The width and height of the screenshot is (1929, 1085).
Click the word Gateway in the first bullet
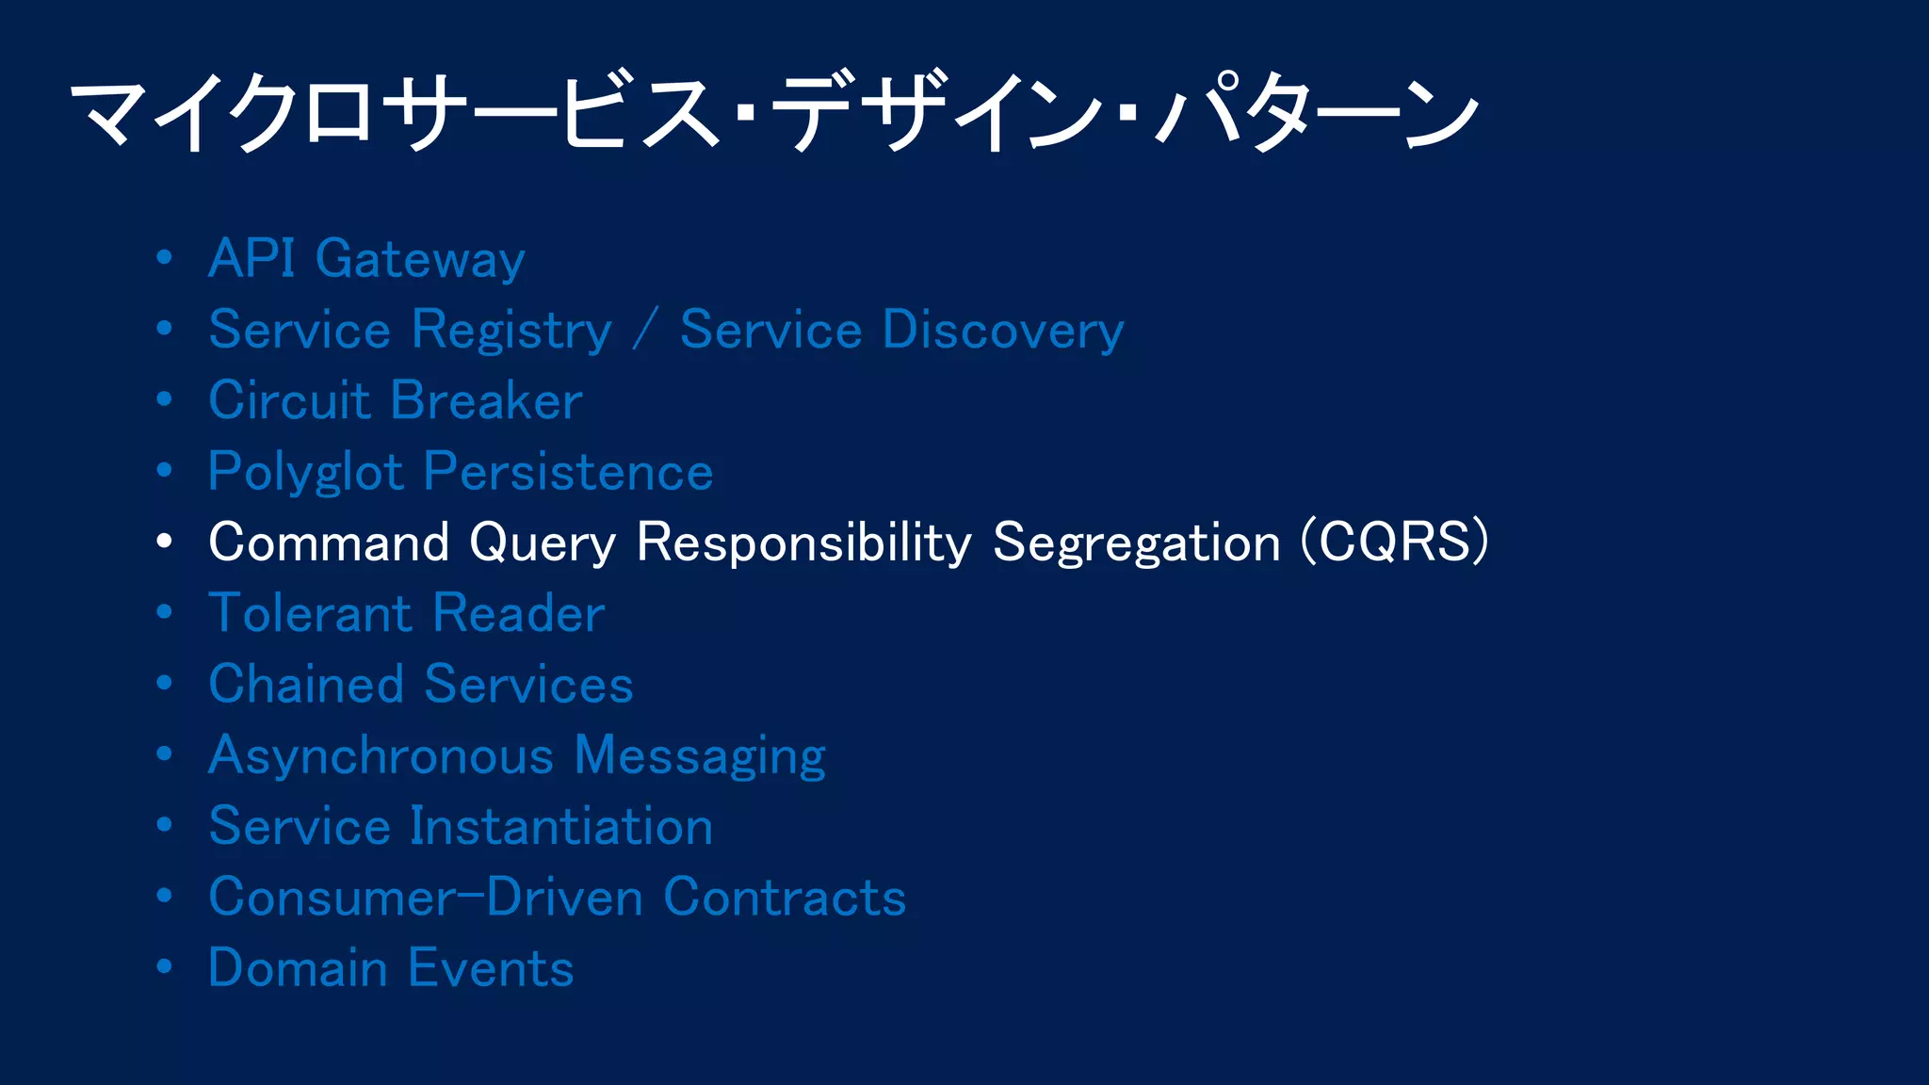click(x=420, y=260)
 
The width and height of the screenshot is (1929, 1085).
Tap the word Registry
click(x=512, y=332)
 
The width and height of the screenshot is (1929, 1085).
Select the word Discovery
click(x=1003, y=332)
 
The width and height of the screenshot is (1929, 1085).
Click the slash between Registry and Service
click(x=645, y=331)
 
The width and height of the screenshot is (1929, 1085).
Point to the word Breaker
click(x=487, y=401)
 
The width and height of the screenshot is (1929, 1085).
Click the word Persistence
click(x=568, y=472)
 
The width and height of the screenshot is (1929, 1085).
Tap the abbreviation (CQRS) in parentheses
click(x=1394, y=542)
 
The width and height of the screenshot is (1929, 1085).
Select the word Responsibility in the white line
click(x=803, y=543)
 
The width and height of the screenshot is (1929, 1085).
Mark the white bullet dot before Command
click(x=165, y=542)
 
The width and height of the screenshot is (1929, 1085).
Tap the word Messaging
click(x=700, y=757)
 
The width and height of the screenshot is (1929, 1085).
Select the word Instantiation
click(x=561, y=827)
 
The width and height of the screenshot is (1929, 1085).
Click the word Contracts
click(x=785, y=898)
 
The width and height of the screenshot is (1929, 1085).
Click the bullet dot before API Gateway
click(x=165, y=257)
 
